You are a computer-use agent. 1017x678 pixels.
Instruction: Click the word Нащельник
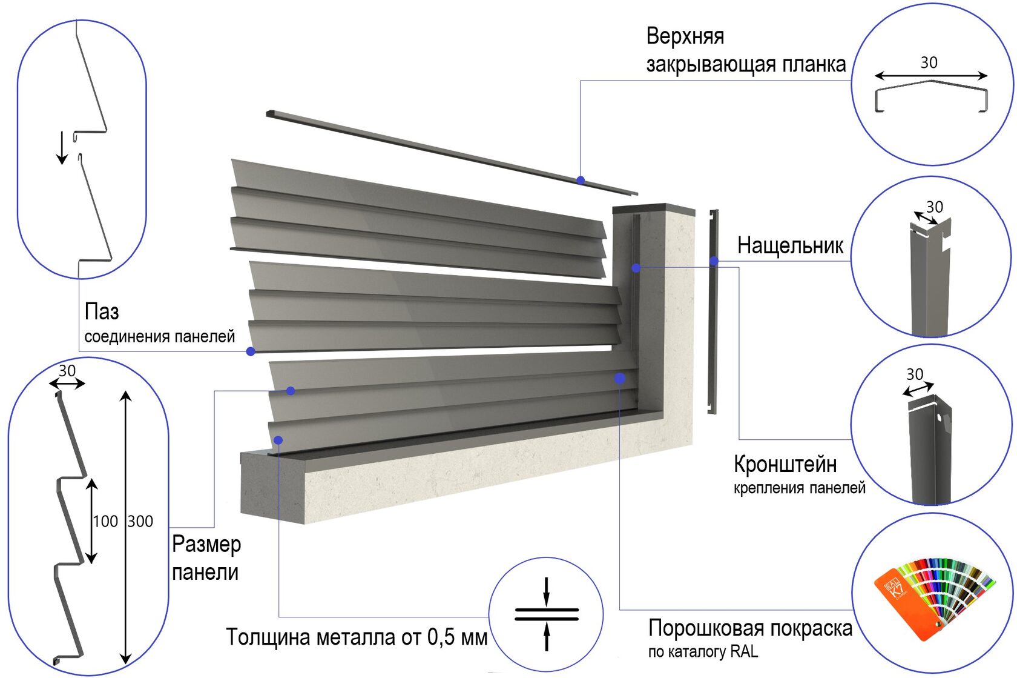[x=789, y=246]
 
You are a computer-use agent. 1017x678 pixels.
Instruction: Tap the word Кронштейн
[x=785, y=464]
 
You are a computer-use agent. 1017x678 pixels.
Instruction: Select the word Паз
[x=102, y=312]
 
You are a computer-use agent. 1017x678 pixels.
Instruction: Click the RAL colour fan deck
[x=932, y=596]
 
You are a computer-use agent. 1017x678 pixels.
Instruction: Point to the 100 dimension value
[x=105, y=521]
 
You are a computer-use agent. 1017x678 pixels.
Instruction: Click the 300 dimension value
[x=140, y=521]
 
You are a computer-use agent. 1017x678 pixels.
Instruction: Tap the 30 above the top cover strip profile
[x=929, y=62]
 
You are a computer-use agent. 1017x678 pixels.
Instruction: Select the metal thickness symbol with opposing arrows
[x=547, y=614]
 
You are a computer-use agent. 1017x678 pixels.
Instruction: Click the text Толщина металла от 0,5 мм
[x=357, y=637]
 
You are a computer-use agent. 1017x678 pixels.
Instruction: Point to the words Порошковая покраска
[x=750, y=628]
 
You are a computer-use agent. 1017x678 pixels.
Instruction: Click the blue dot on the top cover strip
[x=581, y=180]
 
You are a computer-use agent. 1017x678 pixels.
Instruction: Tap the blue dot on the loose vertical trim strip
[x=714, y=261]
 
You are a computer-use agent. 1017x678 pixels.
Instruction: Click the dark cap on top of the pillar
[x=654, y=209]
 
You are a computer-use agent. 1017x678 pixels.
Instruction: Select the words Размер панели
[x=206, y=558]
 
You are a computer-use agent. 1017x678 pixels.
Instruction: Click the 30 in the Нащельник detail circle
[x=935, y=207]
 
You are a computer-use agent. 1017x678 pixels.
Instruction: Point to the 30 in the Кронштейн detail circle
[x=915, y=374]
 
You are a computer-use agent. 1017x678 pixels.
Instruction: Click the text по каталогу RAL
[x=703, y=652]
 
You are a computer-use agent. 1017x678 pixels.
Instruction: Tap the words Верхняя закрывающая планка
[x=745, y=50]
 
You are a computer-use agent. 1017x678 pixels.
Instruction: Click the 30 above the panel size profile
[x=67, y=370]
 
